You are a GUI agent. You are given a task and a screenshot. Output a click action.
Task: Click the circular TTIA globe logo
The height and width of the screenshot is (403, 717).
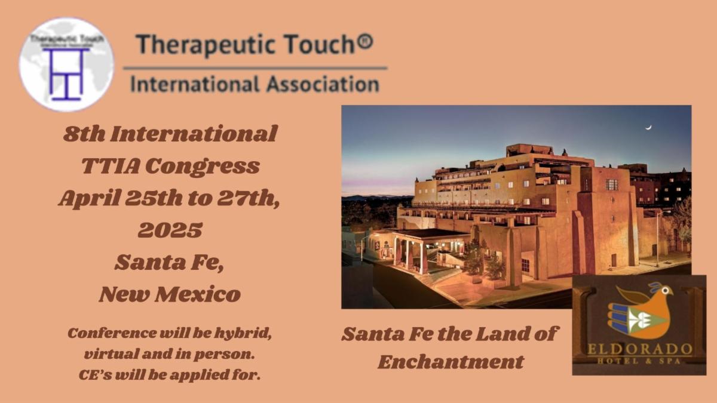coord(66,64)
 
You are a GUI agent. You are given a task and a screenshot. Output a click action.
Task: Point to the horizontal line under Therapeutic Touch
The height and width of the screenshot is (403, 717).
coord(256,68)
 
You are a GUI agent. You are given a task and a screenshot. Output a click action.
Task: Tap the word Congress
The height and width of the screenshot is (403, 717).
coord(203,167)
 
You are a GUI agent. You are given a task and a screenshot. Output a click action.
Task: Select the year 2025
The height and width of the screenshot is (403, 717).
coord(170,230)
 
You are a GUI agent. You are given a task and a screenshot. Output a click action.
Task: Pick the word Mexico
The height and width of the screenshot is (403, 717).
coord(198,294)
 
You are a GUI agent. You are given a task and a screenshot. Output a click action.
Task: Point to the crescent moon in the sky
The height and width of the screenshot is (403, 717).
coord(648,127)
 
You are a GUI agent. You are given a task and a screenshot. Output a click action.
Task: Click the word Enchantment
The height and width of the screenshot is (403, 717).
coord(451,362)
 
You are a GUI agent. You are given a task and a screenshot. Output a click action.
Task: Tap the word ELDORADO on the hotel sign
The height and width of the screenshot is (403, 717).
coord(639,350)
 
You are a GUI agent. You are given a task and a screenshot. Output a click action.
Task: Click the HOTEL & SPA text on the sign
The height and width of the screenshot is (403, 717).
coord(639,361)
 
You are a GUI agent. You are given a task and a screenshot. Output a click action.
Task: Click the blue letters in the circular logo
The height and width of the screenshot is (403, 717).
coord(66,74)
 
